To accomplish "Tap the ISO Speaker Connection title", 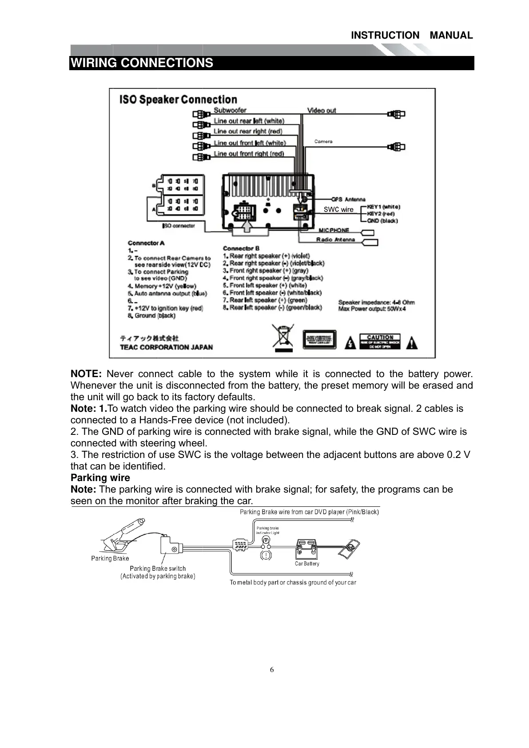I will pyautogui.click(x=178, y=99).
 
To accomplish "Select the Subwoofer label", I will pyautogui.click(x=230, y=110).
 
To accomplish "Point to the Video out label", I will pyautogui.click(x=322, y=110).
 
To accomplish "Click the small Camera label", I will pyautogui.click(x=323, y=141).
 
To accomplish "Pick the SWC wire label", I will pyautogui.click(x=338, y=210).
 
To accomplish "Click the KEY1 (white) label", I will pyautogui.click(x=384, y=207).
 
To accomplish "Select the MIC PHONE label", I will pyautogui.click(x=334, y=230).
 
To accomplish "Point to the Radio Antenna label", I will pyautogui.click(x=335, y=239).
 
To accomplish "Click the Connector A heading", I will pyautogui.click(x=146, y=243).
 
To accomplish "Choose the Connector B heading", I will pyautogui.click(x=241, y=248).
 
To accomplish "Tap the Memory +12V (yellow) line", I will pyautogui.click(x=162, y=286).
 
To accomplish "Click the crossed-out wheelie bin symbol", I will pyautogui.click(x=284, y=338).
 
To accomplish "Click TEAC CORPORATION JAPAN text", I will pyautogui.click(x=166, y=347).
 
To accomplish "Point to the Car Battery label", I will pyautogui.click(x=307, y=564).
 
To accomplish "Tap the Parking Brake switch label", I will pyautogui.click(x=158, y=569).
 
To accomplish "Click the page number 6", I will pyautogui.click(x=272, y=670).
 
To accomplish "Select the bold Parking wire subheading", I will pyautogui.click(x=100, y=478).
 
